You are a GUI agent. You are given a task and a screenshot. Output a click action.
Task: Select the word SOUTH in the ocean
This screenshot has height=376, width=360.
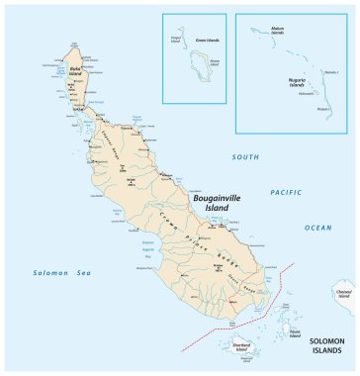click(x=245, y=157)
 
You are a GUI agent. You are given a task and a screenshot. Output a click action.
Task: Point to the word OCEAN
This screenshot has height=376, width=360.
click(x=317, y=228)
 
